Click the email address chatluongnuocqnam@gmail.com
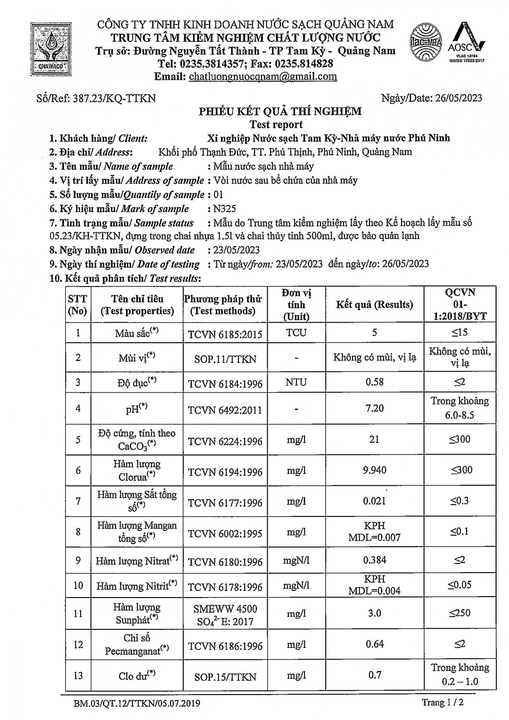coord(263,76)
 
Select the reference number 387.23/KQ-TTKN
coord(114,98)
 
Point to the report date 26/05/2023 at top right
coord(459,98)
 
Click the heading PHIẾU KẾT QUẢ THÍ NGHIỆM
coord(280,112)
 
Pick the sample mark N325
coord(225,209)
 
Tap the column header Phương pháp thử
coord(223,305)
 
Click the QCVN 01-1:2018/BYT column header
coord(460,304)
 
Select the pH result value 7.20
coord(374,408)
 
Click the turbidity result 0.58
coord(374,382)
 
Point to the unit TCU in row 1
coord(296,333)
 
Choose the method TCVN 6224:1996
coord(225,441)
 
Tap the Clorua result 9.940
coord(375,470)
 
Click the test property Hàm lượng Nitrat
coord(137,561)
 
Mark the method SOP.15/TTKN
coord(225,677)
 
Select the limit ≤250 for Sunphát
coord(460,613)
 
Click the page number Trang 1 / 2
coord(443,703)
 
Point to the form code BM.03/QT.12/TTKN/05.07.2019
coord(137,704)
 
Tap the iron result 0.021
coord(374,501)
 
